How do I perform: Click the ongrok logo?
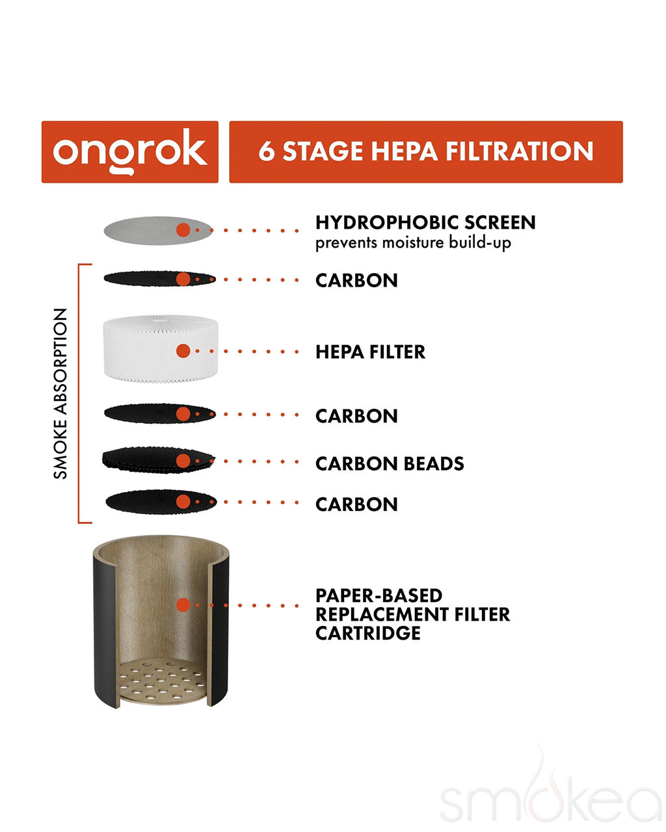pos(130,151)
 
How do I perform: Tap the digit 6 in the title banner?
pos(266,151)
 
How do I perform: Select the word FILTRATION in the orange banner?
pos(519,151)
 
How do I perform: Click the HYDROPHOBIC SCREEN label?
pos(425,223)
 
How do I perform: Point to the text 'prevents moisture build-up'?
pos(413,243)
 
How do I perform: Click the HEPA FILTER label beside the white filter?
pos(370,352)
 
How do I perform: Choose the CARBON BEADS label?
pos(390,463)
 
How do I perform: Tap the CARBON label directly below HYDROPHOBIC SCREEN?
pos(356,280)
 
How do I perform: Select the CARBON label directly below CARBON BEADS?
pos(356,504)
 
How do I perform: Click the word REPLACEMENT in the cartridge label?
pos(382,614)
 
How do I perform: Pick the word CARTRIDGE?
pos(368,633)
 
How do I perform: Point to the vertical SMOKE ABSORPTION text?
pos(60,394)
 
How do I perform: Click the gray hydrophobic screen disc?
pos(158,230)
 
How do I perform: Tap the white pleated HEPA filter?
pos(161,349)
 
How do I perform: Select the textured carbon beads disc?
pos(158,460)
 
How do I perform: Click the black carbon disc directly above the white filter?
pos(160,279)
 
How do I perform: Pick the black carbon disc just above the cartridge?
pos(161,502)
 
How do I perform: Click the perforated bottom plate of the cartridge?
pos(162,681)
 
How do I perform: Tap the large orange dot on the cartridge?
pos(183,605)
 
